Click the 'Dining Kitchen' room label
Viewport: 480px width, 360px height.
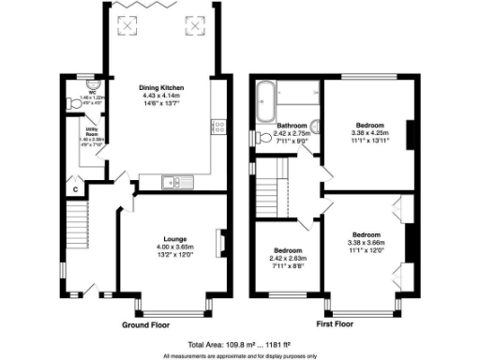point(161,86)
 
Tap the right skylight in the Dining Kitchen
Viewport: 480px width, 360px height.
point(195,25)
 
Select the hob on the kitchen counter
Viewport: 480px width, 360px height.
point(217,123)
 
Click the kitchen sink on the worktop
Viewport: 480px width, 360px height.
point(171,181)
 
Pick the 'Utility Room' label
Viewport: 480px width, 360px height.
point(93,133)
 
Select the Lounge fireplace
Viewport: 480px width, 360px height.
point(221,243)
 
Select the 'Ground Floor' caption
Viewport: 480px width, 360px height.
point(147,325)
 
